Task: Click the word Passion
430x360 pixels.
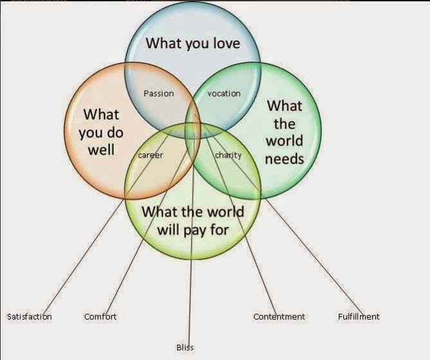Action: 159,93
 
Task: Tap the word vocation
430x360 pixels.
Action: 224,93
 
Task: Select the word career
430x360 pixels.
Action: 150,156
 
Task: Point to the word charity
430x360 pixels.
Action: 228,156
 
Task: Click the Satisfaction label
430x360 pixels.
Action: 30,317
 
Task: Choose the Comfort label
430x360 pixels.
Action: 100,317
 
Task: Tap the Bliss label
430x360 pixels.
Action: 185,347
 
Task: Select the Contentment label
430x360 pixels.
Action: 279,317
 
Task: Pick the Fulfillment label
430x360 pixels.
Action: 359,317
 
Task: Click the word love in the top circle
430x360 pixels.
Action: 226,43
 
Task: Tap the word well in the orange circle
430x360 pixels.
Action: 101,150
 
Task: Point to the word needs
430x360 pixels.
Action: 284,159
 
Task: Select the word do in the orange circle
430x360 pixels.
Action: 114,132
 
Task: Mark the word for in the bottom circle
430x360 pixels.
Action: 219,230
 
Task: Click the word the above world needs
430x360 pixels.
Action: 284,123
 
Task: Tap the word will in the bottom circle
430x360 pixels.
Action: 168,229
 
